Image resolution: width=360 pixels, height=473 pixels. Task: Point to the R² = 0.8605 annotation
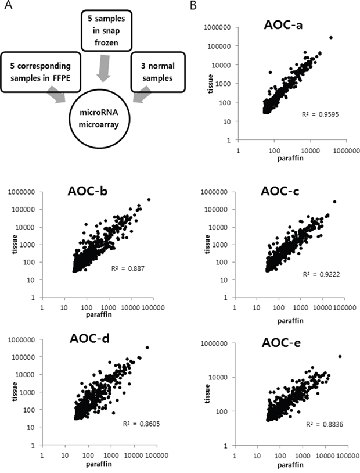[142, 424]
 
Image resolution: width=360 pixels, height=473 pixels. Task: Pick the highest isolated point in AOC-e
[339, 356]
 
